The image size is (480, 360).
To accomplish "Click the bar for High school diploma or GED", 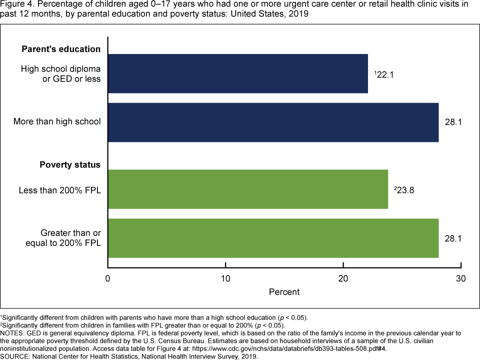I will [238, 73].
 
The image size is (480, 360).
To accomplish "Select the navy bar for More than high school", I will [273, 122].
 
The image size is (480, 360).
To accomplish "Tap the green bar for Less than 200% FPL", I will [248, 189].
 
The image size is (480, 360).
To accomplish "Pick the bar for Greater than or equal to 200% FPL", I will [273, 238].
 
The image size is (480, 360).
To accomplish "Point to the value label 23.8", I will [404, 190].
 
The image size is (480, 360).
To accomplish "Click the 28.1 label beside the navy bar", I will [453, 122].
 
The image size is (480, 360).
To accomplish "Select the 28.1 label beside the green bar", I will [453, 238].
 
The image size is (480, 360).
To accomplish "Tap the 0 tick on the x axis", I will [108, 278].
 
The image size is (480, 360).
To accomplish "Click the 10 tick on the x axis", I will [225, 278].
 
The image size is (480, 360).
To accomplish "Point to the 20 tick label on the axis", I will [343, 278].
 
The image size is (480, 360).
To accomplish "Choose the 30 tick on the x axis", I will [461, 278].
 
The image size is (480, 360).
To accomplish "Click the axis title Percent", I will [284, 291].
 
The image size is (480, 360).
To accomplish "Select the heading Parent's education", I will [61, 49].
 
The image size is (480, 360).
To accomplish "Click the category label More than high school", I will [57, 122].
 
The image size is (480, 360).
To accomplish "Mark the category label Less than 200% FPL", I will [59, 190].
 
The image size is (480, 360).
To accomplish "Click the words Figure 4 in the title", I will [15, 4].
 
